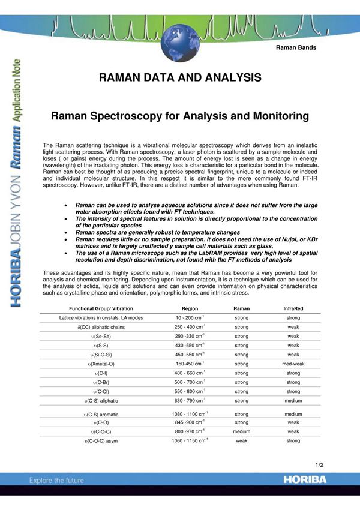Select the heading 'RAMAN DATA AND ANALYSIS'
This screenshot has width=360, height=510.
point(180,78)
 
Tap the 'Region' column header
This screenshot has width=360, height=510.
point(190,308)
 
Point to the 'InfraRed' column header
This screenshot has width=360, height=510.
point(293,308)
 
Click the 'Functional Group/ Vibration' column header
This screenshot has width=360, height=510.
point(101,308)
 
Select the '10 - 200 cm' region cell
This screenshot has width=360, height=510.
point(190,317)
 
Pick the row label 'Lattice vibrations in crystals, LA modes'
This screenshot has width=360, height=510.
point(101,317)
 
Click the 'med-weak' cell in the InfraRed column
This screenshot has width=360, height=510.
point(293,364)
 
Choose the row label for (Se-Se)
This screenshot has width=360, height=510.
point(101,337)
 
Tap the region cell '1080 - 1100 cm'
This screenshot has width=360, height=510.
point(190,414)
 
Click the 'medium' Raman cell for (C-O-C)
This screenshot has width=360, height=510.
point(242,431)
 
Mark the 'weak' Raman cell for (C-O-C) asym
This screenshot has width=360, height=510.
point(242,441)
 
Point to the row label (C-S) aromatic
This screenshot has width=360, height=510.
point(101,414)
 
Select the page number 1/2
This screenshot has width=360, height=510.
point(319,465)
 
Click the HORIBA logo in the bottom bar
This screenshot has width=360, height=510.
point(305,480)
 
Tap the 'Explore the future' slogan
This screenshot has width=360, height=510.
point(57,481)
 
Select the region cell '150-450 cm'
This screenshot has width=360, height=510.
point(190,364)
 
